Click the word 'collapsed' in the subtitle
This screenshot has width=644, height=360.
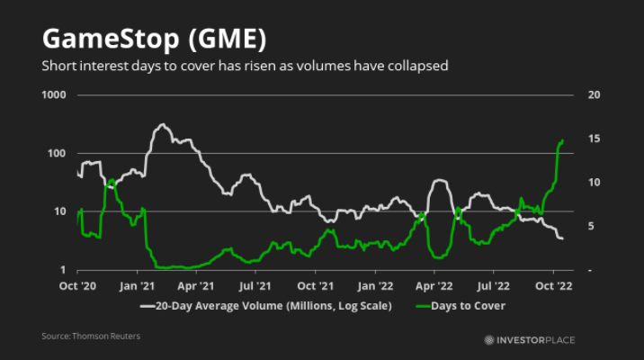point(416,66)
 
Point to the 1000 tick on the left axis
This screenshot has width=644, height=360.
point(54,95)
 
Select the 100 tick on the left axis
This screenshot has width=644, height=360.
point(58,154)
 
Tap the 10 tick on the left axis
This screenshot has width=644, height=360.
point(60,212)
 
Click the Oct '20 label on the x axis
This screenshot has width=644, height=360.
point(77,286)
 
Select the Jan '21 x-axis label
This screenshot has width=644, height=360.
point(137,286)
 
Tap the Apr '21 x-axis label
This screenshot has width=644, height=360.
point(195,286)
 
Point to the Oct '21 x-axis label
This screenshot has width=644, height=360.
point(314,286)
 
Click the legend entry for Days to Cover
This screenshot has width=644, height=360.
point(464,306)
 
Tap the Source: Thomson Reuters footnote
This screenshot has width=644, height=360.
point(91,337)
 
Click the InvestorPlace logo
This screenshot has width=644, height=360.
point(530,339)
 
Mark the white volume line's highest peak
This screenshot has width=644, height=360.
point(163,124)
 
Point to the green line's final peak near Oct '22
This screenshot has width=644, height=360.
point(562,140)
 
